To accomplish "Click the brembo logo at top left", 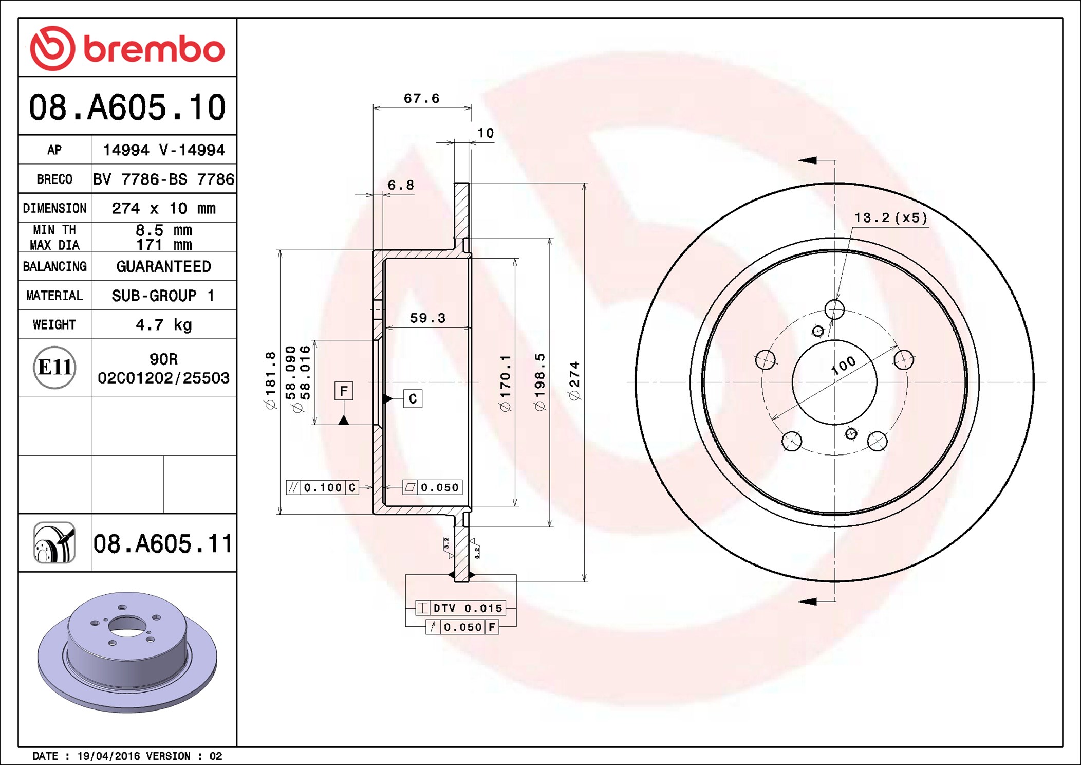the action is [127, 48].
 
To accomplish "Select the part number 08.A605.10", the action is [127, 107].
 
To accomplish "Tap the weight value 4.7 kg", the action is [163, 325].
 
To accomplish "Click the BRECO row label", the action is [54, 179].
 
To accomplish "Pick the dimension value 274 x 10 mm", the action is [163, 208].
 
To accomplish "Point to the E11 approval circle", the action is [54, 367].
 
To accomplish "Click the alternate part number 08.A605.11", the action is [163, 543].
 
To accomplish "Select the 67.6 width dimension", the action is [422, 98].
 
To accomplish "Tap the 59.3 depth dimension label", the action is [427, 318].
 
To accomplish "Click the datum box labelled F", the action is [344, 391].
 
